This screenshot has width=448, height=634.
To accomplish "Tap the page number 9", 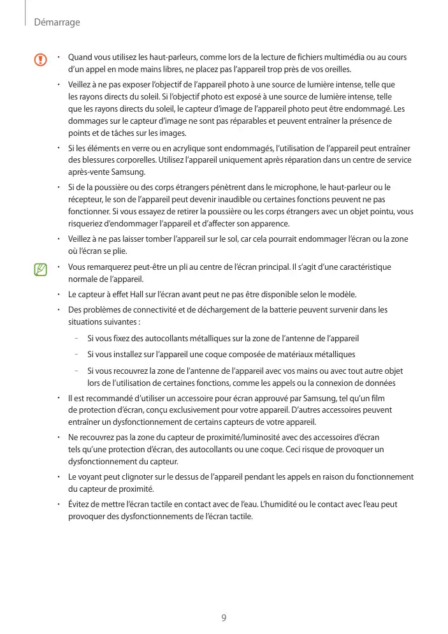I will click(x=224, y=617).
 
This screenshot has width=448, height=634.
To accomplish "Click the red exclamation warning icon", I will click(x=41, y=61).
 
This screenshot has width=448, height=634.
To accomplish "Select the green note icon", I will click(x=41, y=270).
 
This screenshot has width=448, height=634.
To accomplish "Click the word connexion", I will click(x=341, y=383).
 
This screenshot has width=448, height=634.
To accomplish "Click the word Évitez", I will click(x=80, y=505).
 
